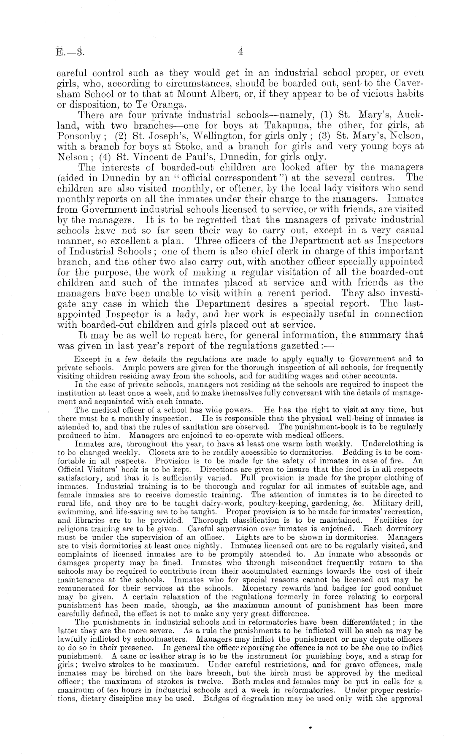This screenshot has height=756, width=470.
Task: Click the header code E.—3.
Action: pyautogui.click(x=70, y=52)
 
